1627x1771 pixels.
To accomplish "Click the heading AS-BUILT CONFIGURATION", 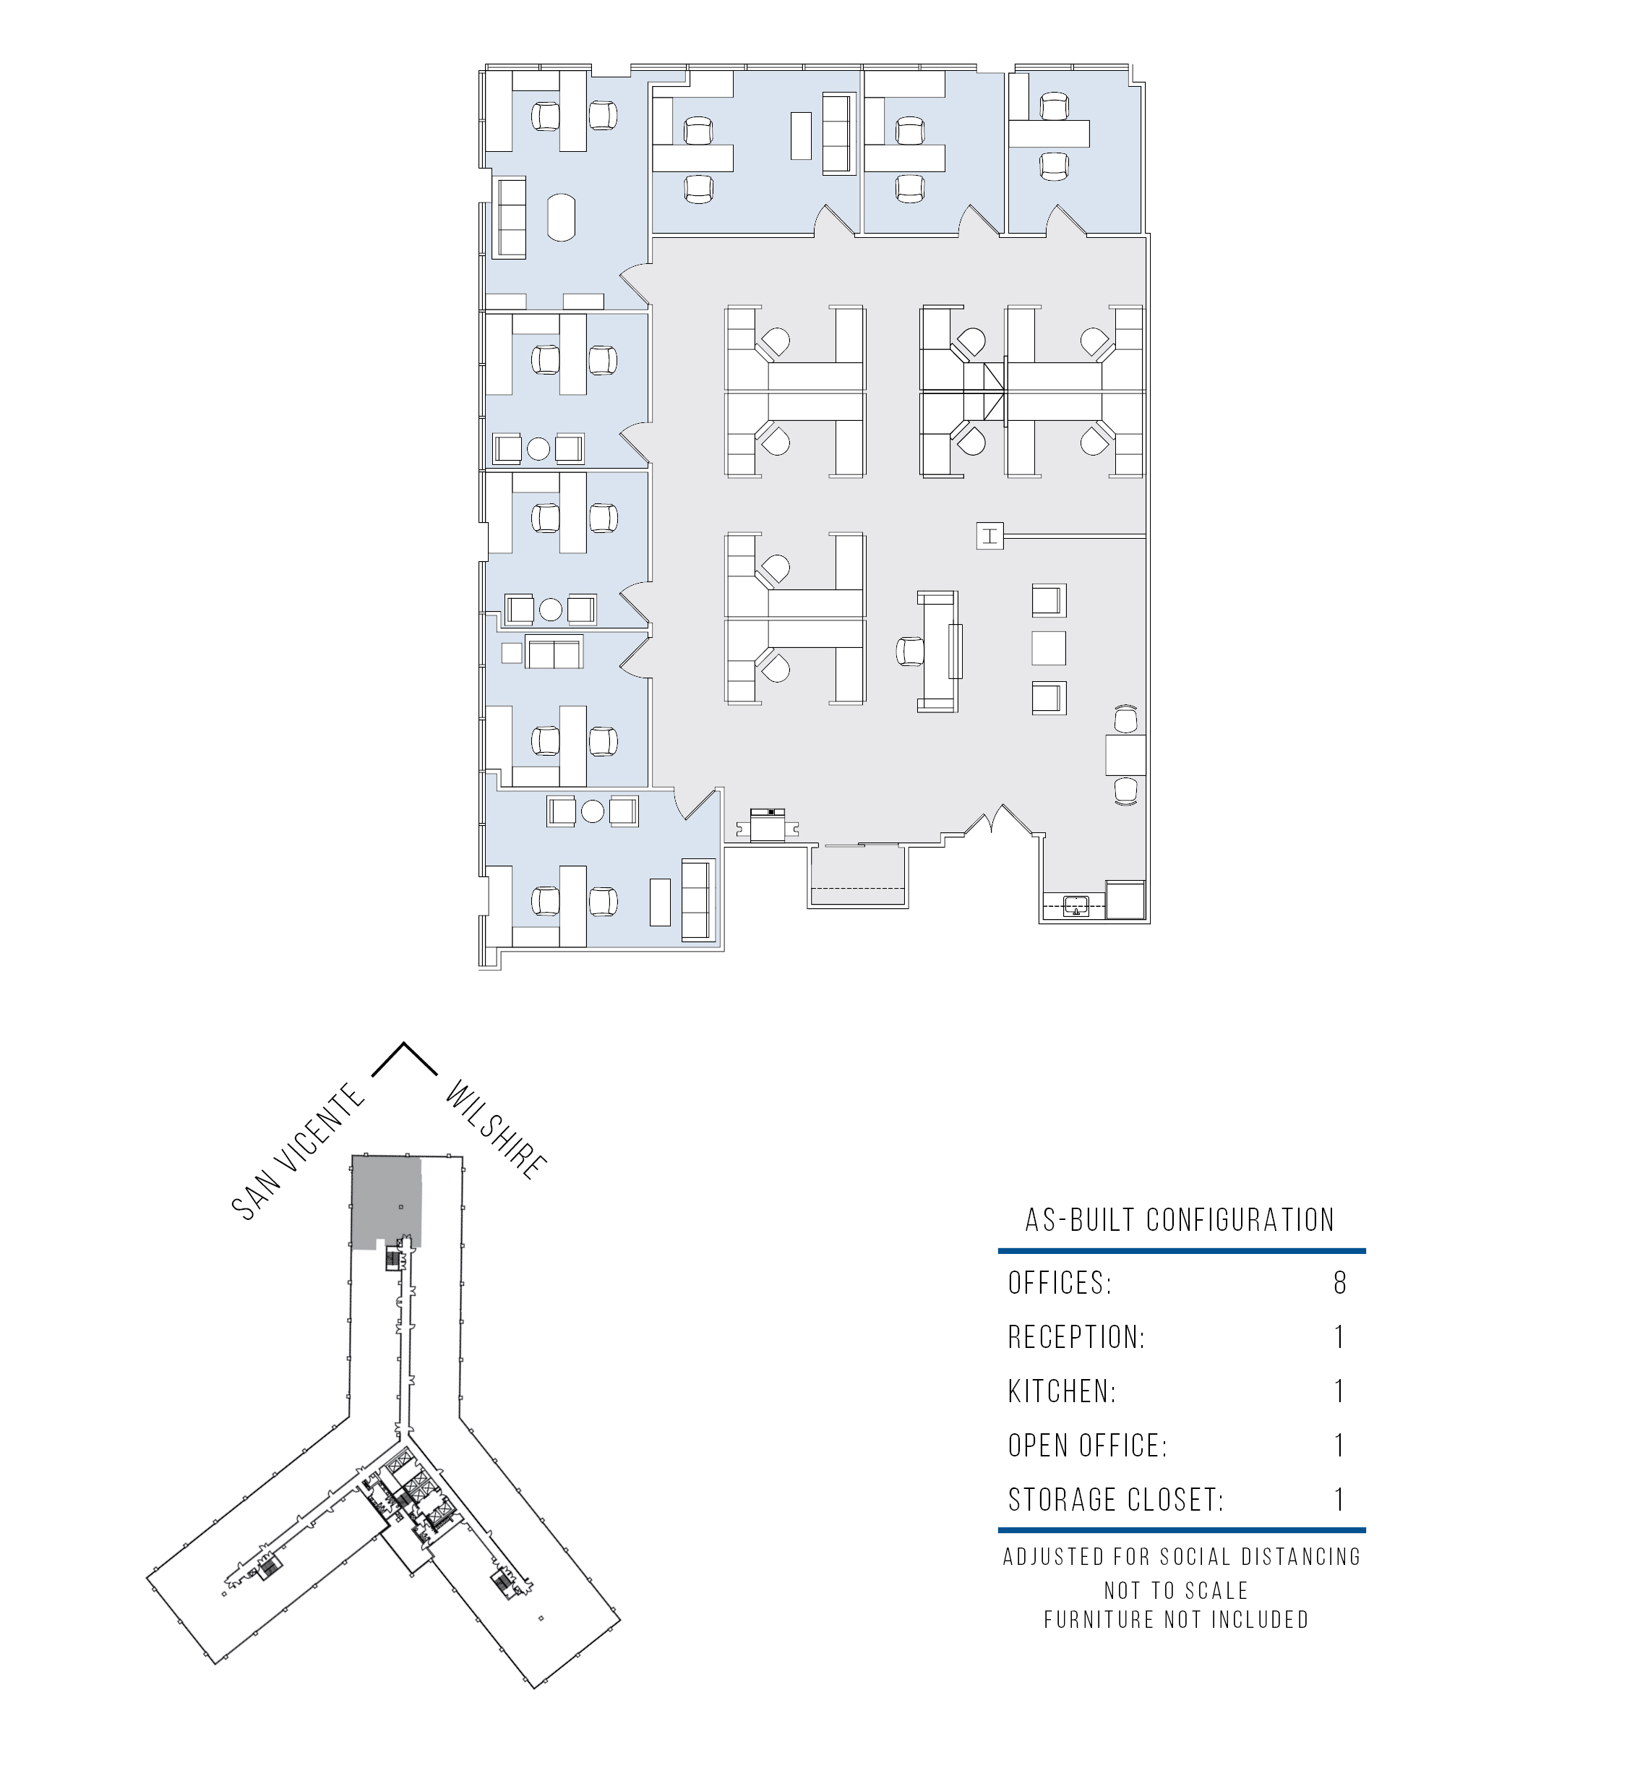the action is [x=1180, y=1220].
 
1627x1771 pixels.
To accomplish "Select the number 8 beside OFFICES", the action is [x=1340, y=1283].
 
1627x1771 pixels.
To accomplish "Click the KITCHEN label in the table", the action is [x=1062, y=1391].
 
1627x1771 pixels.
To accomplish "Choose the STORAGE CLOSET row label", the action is [x=1115, y=1500].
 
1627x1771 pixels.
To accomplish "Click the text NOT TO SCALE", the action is [x=1176, y=1590].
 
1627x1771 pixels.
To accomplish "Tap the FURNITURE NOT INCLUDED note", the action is [x=1176, y=1620].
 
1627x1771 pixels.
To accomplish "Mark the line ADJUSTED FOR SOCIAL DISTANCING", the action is [x=1182, y=1557].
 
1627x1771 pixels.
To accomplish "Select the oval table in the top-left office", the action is [x=562, y=217].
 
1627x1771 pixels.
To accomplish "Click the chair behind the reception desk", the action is [x=910, y=652].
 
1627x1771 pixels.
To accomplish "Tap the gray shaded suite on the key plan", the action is [x=386, y=1202].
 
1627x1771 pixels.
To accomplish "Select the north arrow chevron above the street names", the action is [x=404, y=1059].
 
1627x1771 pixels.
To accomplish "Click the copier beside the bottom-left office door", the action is [x=767, y=824].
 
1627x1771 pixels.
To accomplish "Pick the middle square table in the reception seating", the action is [x=1049, y=647].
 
